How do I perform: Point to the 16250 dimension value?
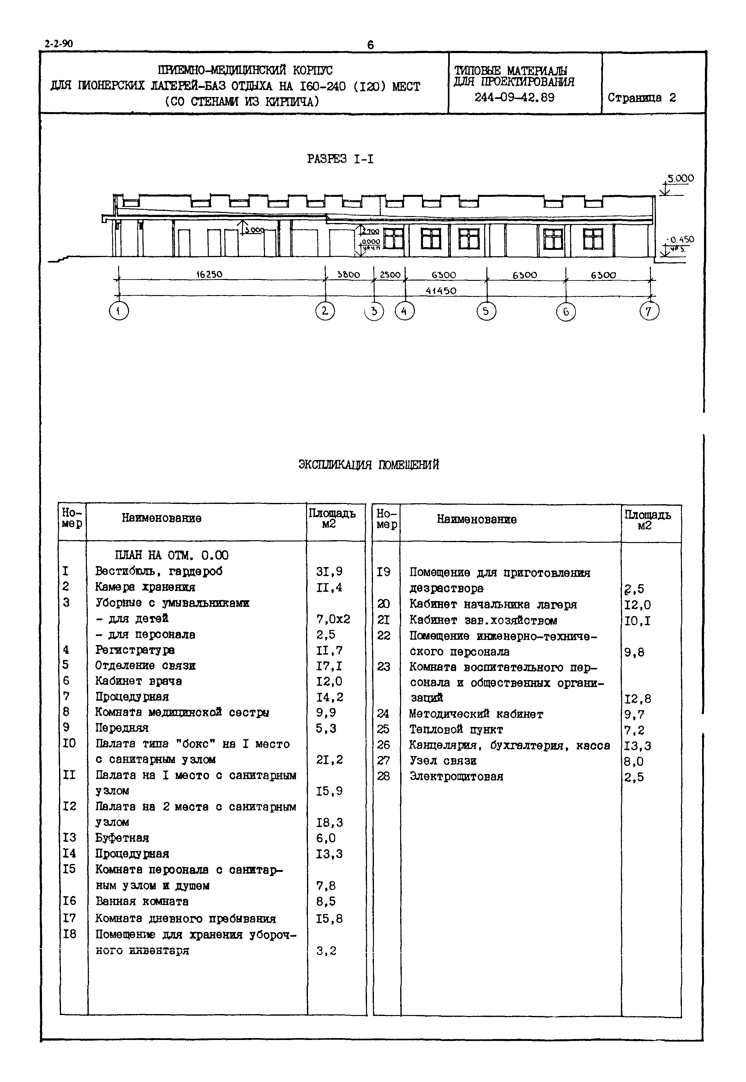tap(209, 275)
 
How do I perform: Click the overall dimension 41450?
tap(441, 291)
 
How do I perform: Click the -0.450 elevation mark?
tap(680, 239)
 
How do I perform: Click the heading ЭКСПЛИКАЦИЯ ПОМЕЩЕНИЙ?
tap(369, 465)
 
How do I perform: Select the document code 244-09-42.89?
tap(514, 98)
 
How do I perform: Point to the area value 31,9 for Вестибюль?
tap(329, 571)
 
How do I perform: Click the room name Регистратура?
tap(135, 650)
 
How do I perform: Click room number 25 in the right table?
tap(383, 729)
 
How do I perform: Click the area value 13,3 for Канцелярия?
tap(638, 746)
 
